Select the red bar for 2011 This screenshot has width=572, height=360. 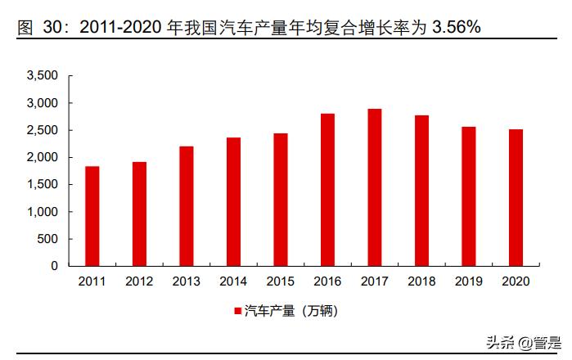92,216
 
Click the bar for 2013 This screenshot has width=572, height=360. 187,206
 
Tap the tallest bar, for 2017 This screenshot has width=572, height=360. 375,187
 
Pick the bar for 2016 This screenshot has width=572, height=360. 327,190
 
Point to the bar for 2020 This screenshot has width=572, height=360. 516,197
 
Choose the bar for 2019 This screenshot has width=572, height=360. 469,196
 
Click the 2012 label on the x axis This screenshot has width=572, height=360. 139,281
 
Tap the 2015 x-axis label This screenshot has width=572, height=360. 281,281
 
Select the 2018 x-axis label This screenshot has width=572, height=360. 421,281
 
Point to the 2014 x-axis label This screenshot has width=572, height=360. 233,281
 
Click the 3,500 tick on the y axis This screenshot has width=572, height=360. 43,76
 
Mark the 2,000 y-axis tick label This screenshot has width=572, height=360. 43,157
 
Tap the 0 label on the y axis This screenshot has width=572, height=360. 55,266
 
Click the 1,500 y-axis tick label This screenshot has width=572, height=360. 43,184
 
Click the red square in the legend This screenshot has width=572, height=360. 238,312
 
